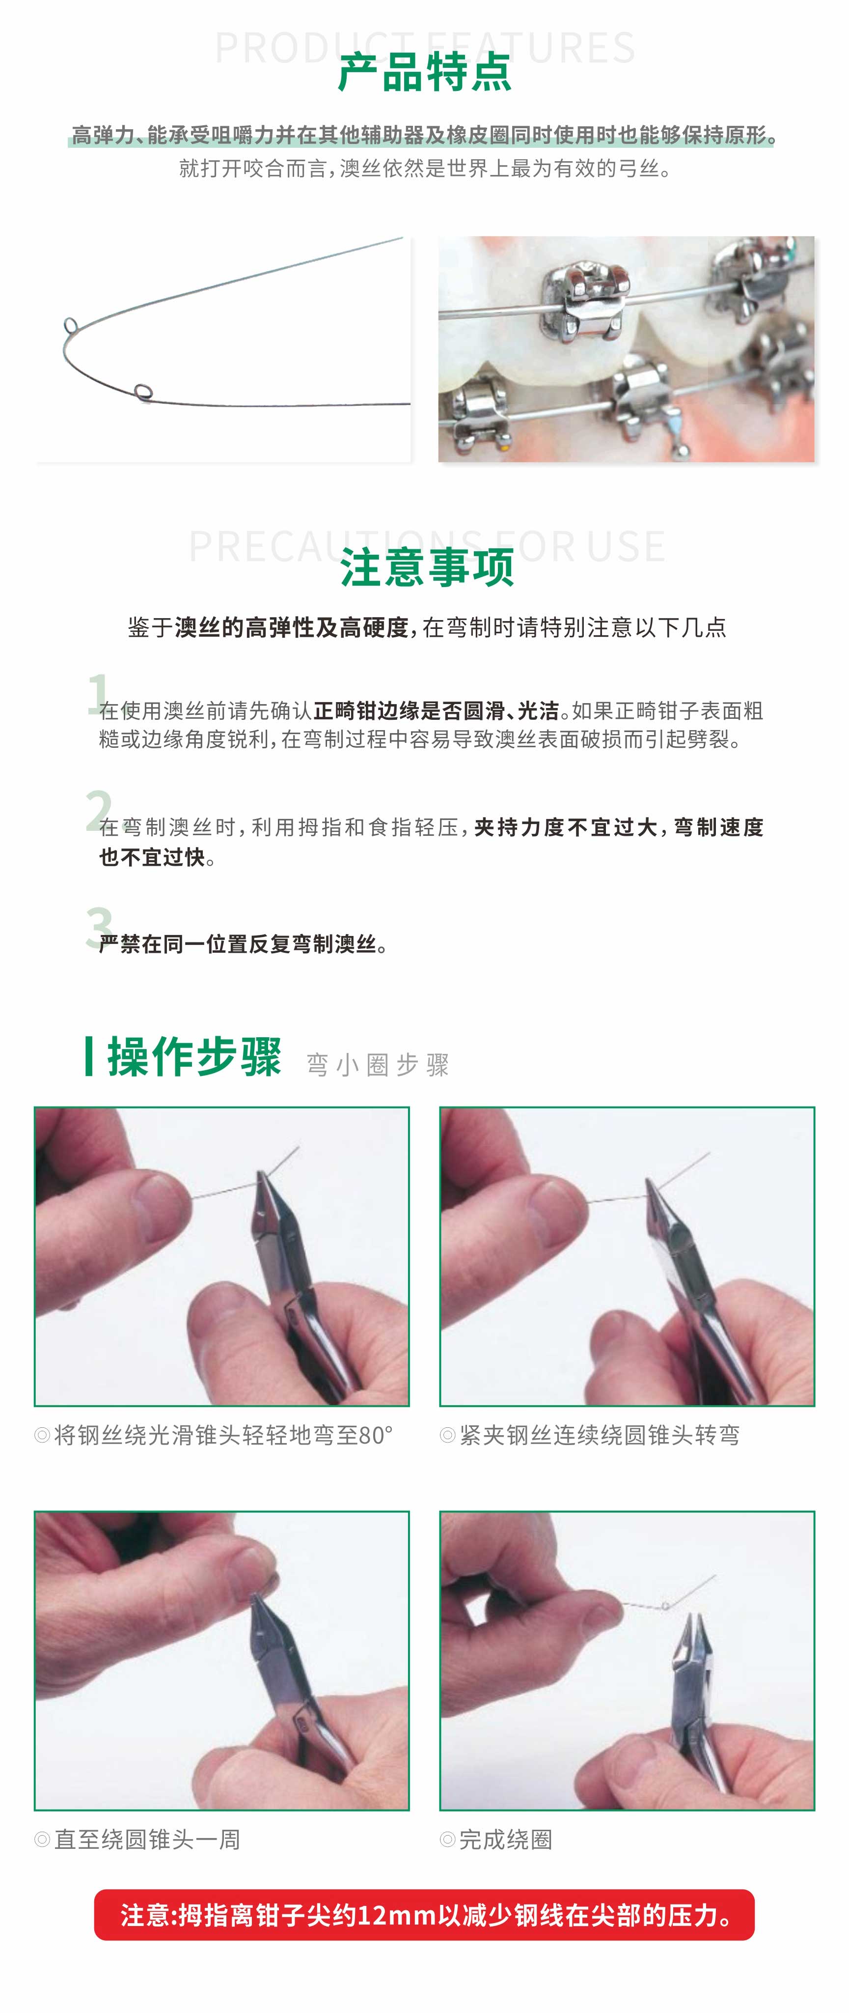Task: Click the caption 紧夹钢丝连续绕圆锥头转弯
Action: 599,1435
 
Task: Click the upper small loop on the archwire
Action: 70,325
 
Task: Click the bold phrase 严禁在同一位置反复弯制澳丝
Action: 238,944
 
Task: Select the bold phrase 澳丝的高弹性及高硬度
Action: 291,627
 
